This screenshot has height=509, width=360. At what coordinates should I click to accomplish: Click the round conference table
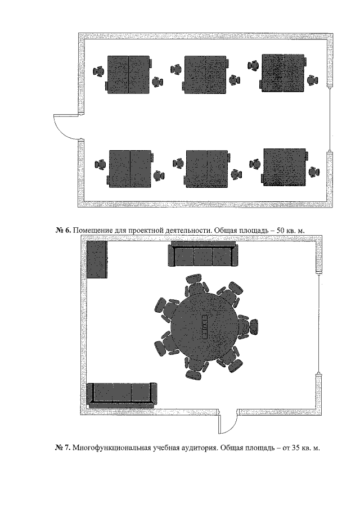(x=205, y=327)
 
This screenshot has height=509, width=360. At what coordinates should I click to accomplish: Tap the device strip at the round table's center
(x=205, y=327)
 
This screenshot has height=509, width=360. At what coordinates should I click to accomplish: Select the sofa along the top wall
(x=203, y=254)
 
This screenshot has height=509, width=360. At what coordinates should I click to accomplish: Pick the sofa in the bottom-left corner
(x=122, y=395)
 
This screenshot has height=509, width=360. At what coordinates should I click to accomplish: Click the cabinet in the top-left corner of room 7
(x=97, y=259)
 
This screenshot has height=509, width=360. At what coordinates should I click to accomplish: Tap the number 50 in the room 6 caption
(x=280, y=230)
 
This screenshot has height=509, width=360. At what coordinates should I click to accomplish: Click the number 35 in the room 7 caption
(x=295, y=448)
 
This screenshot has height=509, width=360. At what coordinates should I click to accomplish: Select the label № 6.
(x=63, y=230)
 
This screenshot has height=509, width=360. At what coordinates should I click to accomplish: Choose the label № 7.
(x=62, y=448)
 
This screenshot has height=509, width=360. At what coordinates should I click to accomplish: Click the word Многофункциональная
(x=111, y=448)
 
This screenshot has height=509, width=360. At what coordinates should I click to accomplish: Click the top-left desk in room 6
(x=129, y=75)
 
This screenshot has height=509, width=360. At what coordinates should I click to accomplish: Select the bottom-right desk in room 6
(x=285, y=167)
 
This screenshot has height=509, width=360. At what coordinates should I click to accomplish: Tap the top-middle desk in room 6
(x=205, y=75)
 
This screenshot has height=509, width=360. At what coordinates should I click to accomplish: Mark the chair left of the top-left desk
(x=98, y=71)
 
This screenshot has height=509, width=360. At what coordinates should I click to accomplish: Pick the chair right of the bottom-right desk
(x=314, y=172)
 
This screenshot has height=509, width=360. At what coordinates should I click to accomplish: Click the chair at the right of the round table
(x=249, y=327)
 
